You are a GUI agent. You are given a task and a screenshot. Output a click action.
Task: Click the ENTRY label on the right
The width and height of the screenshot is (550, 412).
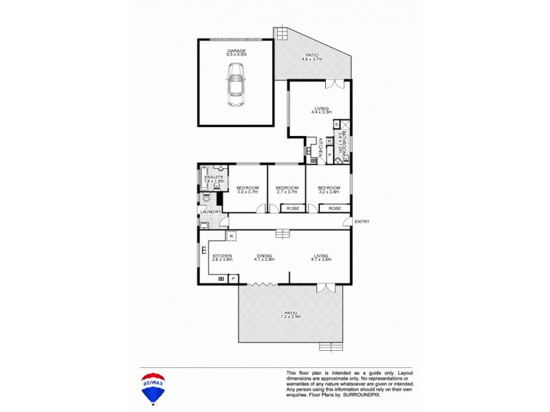[362, 221]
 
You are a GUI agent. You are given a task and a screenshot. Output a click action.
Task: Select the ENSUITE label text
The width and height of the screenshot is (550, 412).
[214, 178]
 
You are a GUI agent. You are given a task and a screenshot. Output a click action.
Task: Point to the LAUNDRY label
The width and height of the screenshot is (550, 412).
[211, 212]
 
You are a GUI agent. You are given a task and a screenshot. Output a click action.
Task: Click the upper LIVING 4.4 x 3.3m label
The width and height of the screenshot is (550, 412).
[321, 110]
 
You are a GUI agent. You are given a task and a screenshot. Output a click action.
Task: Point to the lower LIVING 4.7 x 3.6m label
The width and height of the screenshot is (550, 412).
[321, 257]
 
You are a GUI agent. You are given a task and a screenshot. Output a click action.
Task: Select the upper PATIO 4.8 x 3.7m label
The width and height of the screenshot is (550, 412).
[312, 58]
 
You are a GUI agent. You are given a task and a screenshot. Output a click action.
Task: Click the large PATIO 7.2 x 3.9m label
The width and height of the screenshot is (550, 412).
[291, 314]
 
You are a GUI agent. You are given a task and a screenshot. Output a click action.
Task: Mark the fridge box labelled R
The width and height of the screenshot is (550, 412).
[232, 236]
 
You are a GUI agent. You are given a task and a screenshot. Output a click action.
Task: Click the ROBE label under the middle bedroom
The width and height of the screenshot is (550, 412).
[292, 207]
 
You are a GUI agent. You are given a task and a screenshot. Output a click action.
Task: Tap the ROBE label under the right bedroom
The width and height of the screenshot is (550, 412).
[334, 207]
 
